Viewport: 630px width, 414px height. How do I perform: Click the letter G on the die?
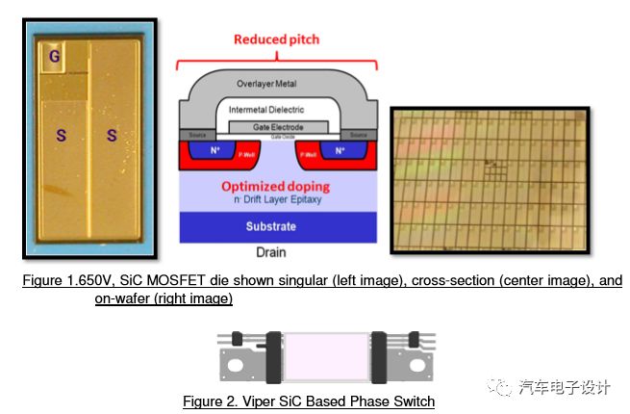[55, 58]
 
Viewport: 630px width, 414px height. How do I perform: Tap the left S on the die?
[62, 135]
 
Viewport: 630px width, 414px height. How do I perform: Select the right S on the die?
[112, 135]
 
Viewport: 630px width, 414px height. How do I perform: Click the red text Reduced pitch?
[276, 39]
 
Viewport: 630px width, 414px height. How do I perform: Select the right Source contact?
[361, 135]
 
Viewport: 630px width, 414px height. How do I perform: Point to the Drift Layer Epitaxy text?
[279, 200]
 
